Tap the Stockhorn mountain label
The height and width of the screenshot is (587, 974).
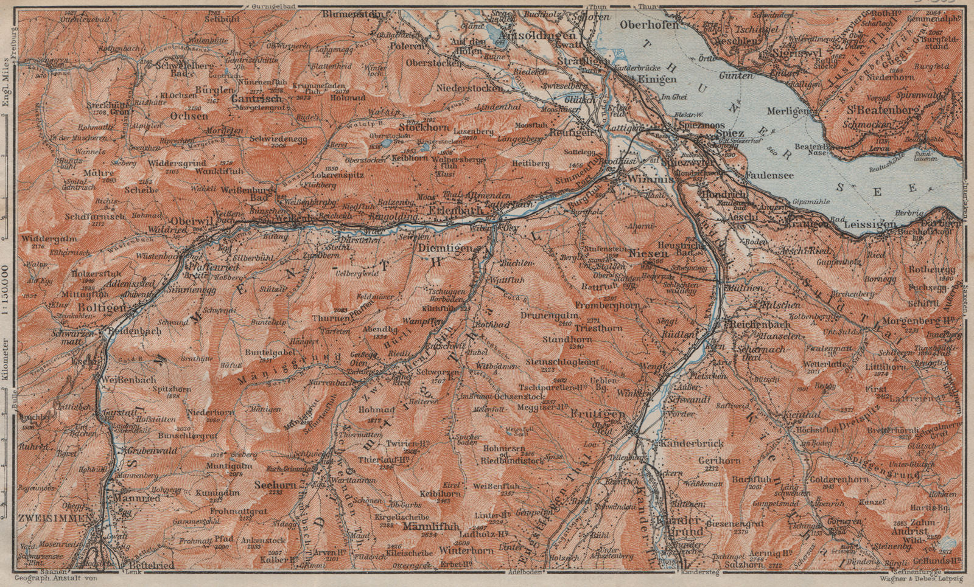point(425,128)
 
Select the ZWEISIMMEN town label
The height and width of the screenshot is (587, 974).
point(49,518)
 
